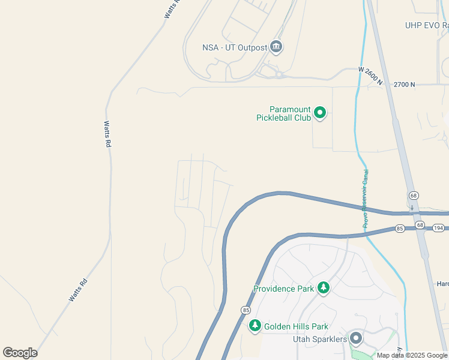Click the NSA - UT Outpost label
[235, 47]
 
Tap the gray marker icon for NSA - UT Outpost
[276, 46]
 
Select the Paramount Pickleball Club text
[290, 113]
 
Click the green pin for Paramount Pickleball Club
[320, 112]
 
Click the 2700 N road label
[404, 85]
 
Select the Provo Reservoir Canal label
[364, 197]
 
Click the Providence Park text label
[283, 289]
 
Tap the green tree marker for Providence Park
[324, 288]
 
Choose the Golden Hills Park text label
[295, 326]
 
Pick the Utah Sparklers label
[319, 339]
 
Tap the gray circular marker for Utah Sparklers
[356, 338]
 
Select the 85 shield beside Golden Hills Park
[246, 310]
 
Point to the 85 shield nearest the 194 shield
[400, 229]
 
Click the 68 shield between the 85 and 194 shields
[419, 226]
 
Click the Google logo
[20, 352]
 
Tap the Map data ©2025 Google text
[412, 355]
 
